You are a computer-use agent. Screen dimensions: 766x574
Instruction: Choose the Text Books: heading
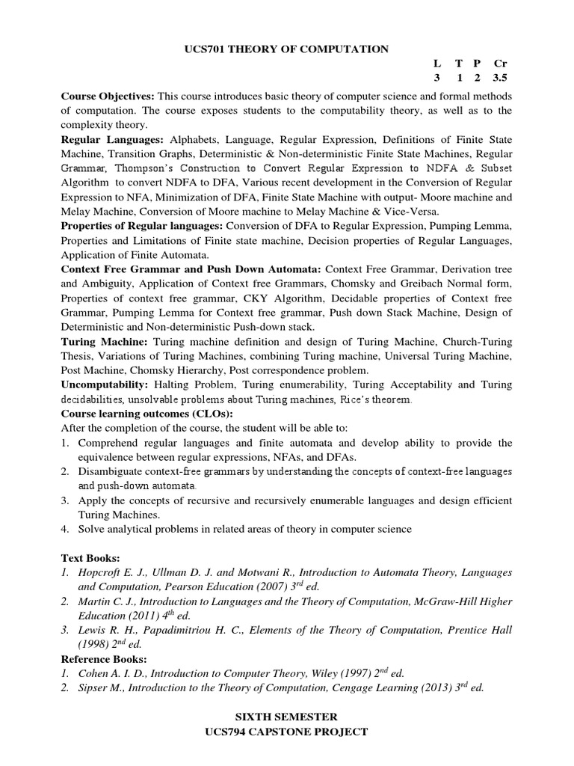click(90, 557)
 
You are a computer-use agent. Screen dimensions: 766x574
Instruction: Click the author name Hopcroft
click(102, 572)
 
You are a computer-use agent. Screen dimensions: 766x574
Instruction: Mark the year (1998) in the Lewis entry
click(95, 644)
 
